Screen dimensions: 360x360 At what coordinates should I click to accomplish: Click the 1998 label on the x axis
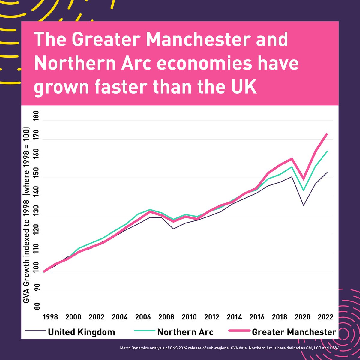pyautogui.click(x=50, y=317)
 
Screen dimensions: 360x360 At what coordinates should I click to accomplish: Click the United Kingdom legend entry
pyautogui.click(x=81, y=332)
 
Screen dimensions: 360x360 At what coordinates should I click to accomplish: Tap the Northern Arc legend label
pyautogui.click(x=185, y=332)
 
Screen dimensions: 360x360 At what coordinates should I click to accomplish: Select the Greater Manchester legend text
pyautogui.click(x=294, y=332)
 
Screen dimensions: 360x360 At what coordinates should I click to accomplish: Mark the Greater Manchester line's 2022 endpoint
pyautogui.click(x=327, y=133)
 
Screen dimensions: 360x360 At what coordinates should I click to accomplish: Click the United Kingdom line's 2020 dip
pyautogui.click(x=304, y=205)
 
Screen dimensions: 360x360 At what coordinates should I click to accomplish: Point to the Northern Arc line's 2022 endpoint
pyautogui.click(x=327, y=151)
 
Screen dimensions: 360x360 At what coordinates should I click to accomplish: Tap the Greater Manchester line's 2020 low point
pyautogui.click(x=304, y=179)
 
